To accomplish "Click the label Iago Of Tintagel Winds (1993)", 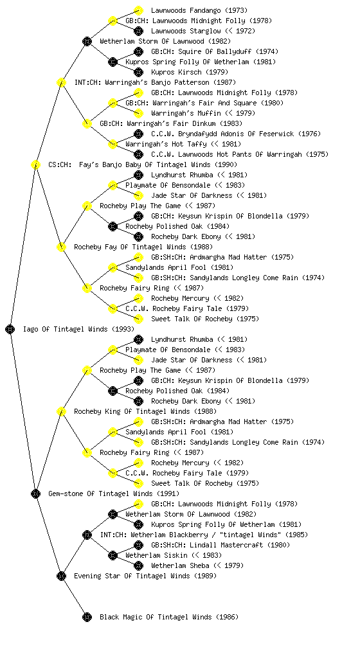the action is click(78, 330).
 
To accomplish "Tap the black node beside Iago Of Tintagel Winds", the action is click(10, 330).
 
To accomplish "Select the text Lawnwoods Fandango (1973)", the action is click(199, 10).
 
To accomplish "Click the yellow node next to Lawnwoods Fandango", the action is click(138, 10).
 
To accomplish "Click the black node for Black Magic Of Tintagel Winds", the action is click(87, 618).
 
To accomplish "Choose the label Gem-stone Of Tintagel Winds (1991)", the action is click(114, 494).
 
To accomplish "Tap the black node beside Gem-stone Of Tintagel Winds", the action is click(35, 494).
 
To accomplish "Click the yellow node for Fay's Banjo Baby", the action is click(35, 165).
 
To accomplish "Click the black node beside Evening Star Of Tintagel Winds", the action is click(61, 576).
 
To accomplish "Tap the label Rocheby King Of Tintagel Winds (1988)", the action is click(145, 412).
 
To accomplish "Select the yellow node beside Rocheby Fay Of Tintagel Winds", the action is click(61, 247).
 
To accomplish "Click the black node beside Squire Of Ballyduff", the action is click(138, 51).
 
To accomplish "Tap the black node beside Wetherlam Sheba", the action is click(138, 565).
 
